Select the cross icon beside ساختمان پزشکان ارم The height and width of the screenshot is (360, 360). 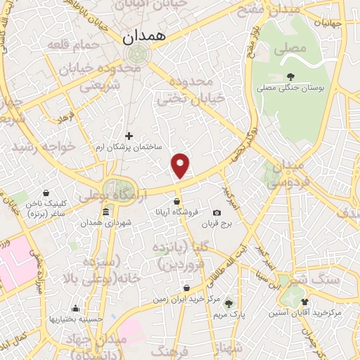[x=129, y=136]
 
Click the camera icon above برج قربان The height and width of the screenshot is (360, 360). [x=217, y=213]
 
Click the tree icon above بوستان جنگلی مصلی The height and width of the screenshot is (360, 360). [x=290, y=77]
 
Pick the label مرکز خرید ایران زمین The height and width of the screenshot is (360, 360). [x=186, y=300]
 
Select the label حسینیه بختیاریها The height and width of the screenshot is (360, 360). [x=75, y=319]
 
